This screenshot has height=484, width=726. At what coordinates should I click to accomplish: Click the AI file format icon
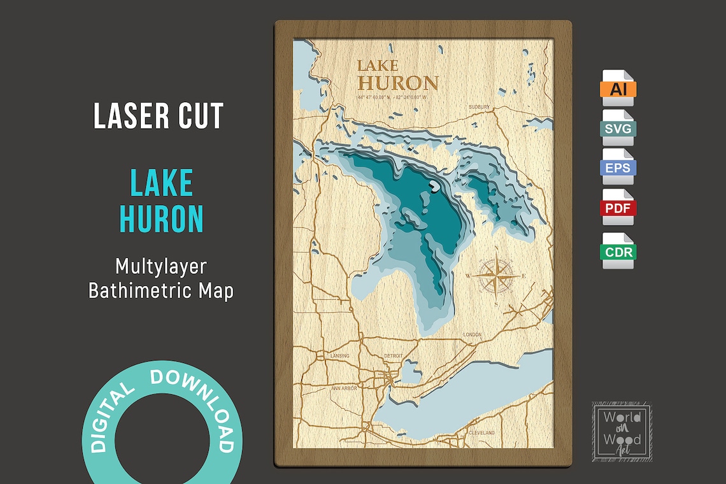pos(618,88)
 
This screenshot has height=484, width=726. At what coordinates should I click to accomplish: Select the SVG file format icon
pos(618,128)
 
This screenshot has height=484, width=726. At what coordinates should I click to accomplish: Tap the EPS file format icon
pos(618,167)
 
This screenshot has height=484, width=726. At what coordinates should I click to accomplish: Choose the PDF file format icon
pos(618,208)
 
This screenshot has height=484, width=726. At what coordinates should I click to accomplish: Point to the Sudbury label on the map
pos(479,106)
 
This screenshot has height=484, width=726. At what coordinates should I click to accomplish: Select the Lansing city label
pos(341,355)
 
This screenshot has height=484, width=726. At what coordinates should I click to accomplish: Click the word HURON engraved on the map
pos(398,83)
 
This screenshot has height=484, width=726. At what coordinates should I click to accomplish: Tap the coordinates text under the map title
pos(392,97)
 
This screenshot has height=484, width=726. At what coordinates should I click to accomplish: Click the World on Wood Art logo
pos(621,429)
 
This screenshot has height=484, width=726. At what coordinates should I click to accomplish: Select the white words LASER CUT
pos(159,117)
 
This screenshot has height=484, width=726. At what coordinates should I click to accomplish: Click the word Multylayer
pos(160,266)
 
